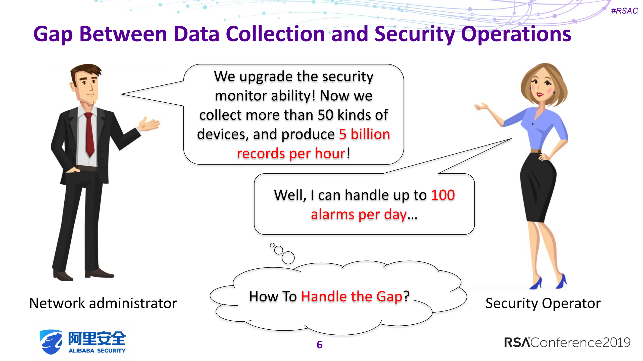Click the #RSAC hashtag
coord(624,11)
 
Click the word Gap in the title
coord(53,35)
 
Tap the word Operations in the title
coord(516,35)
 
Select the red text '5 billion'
coord(364,134)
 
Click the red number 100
coord(443,195)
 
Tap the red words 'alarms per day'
coord(359,214)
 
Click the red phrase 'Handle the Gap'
coord(352,296)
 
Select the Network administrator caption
coord(103,303)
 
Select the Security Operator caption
coord(543,303)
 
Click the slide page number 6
coord(319,345)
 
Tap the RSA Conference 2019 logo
coord(567,342)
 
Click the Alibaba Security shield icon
coord(51,342)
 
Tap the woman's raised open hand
coord(481,107)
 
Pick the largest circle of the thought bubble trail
coord(288,257)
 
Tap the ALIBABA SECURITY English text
coord(97,350)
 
